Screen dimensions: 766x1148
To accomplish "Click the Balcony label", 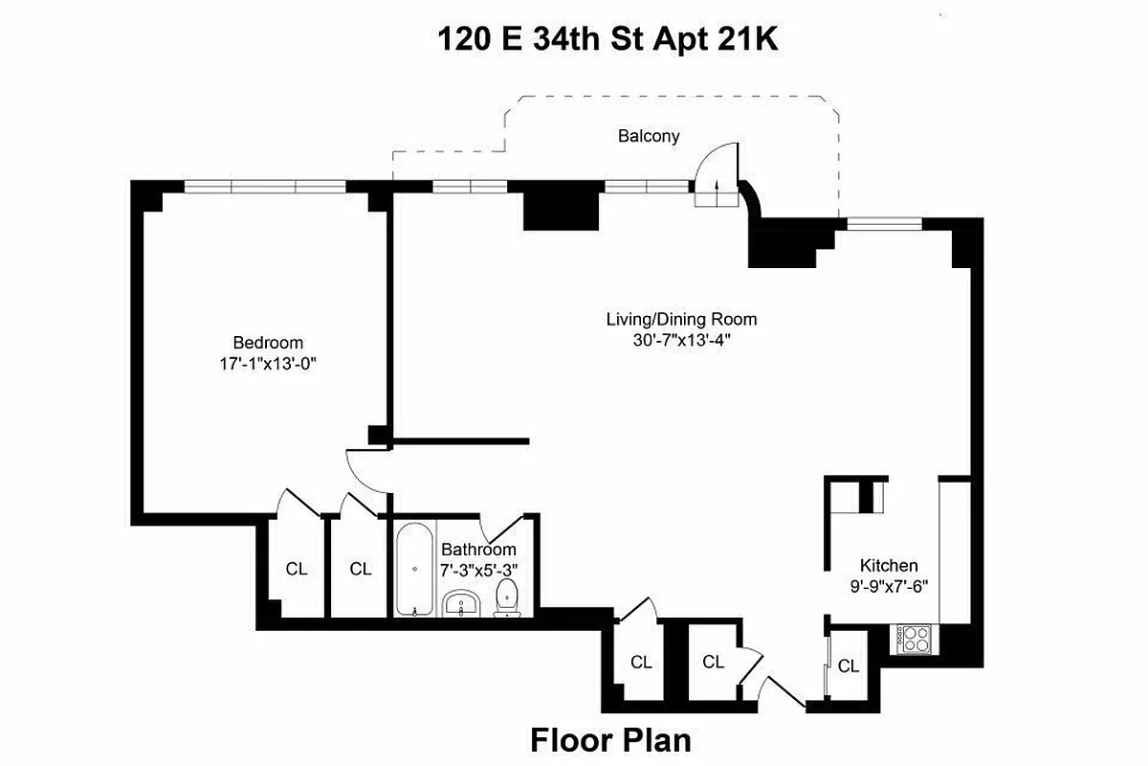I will point(649,136).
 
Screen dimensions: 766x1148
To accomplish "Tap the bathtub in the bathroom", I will point(414,569).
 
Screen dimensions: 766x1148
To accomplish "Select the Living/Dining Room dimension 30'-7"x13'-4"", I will point(674,340).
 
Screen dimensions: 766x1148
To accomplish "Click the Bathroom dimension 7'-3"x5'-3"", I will point(478,570).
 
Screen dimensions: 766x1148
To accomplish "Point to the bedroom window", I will point(265,187).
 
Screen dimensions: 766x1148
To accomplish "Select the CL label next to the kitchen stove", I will point(848,666).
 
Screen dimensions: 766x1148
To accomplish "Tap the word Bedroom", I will point(268,342).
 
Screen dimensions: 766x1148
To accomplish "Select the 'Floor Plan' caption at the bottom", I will point(610,740).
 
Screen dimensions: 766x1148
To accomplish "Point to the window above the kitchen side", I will point(884,225).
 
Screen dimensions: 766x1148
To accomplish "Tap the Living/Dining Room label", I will point(674,319).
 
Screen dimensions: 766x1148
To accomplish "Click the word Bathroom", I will point(478,550).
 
